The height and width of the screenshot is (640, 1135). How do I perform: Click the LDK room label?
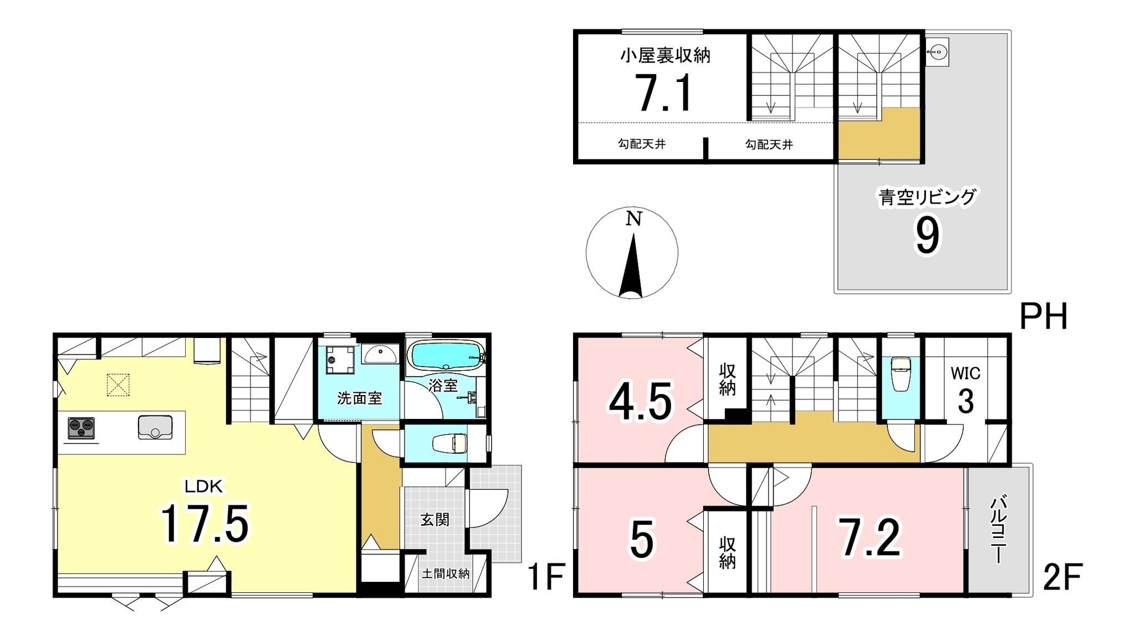[203, 487]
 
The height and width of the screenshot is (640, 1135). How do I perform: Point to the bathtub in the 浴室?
[446, 354]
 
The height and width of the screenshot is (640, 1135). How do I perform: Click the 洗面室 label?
[360, 398]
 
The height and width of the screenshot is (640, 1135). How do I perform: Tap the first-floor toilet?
[449, 443]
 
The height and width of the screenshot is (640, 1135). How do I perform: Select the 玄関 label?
[434, 520]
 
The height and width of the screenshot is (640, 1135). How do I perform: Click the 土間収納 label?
[446, 574]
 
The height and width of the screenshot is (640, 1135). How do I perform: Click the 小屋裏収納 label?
[665, 55]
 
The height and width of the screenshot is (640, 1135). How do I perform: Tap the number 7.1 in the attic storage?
[664, 94]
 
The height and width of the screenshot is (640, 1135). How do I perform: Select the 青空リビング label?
[927, 197]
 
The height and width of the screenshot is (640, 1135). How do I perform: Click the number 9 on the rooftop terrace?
[927, 236]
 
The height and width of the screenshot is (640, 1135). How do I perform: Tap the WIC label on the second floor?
[965, 373]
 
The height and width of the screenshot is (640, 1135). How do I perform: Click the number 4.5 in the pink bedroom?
[641, 401]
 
